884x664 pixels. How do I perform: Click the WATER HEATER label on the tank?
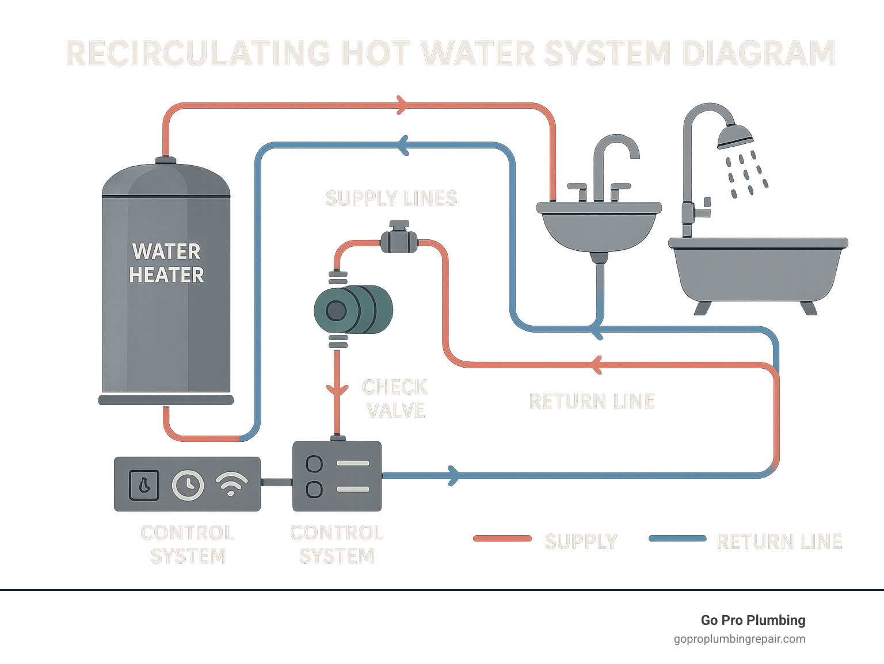pos(166,264)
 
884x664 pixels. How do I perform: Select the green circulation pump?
pos(353,310)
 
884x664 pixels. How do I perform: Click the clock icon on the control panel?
pos(188,484)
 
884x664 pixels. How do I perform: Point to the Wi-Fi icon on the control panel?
pos(231,484)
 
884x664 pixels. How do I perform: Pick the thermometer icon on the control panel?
pos(144,484)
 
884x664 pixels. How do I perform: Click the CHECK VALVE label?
pos(395,399)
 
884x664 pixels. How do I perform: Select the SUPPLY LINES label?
pos(391,199)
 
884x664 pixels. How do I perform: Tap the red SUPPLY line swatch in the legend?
pos(502,539)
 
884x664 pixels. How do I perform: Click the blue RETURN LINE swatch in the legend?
pos(677,539)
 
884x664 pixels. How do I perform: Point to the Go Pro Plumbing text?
pos(753,620)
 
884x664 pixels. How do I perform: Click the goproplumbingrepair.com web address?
pos(740,639)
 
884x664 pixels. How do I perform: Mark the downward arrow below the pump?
pos(337,390)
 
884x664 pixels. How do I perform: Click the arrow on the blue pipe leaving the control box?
pos(454,475)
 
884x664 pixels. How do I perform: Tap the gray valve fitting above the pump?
pos(399,238)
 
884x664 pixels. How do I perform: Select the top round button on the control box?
pos(314,463)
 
